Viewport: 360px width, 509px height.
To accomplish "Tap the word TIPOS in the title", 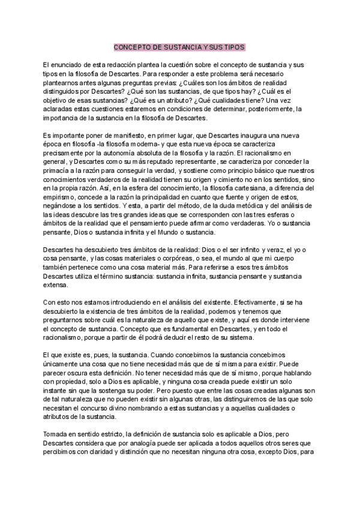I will [233, 47].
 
